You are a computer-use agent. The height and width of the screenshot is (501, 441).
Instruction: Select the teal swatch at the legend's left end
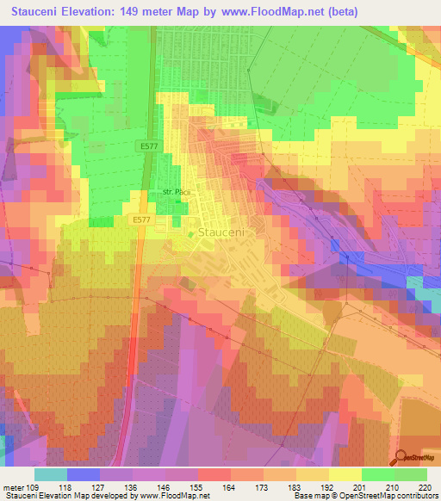pyautogui.click(x=51, y=474)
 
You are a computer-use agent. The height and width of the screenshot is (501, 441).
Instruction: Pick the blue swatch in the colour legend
pyautogui.click(x=84, y=474)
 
